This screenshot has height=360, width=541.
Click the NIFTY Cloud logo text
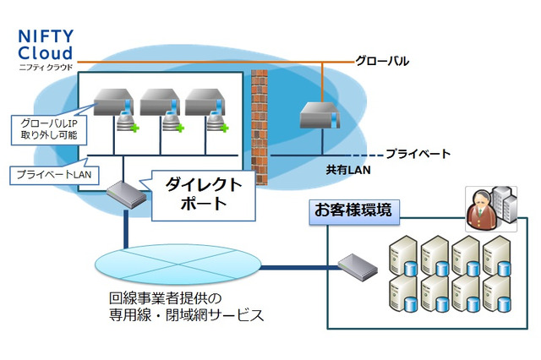[x=50, y=44]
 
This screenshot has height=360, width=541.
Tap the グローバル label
[x=381, y=61]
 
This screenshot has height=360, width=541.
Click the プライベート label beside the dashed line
[x=418, y=154]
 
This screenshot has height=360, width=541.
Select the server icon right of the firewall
[x=318, y=115]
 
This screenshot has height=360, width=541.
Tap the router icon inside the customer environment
[x=358, y=268]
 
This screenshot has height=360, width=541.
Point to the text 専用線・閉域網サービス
[x=187, y=316]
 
